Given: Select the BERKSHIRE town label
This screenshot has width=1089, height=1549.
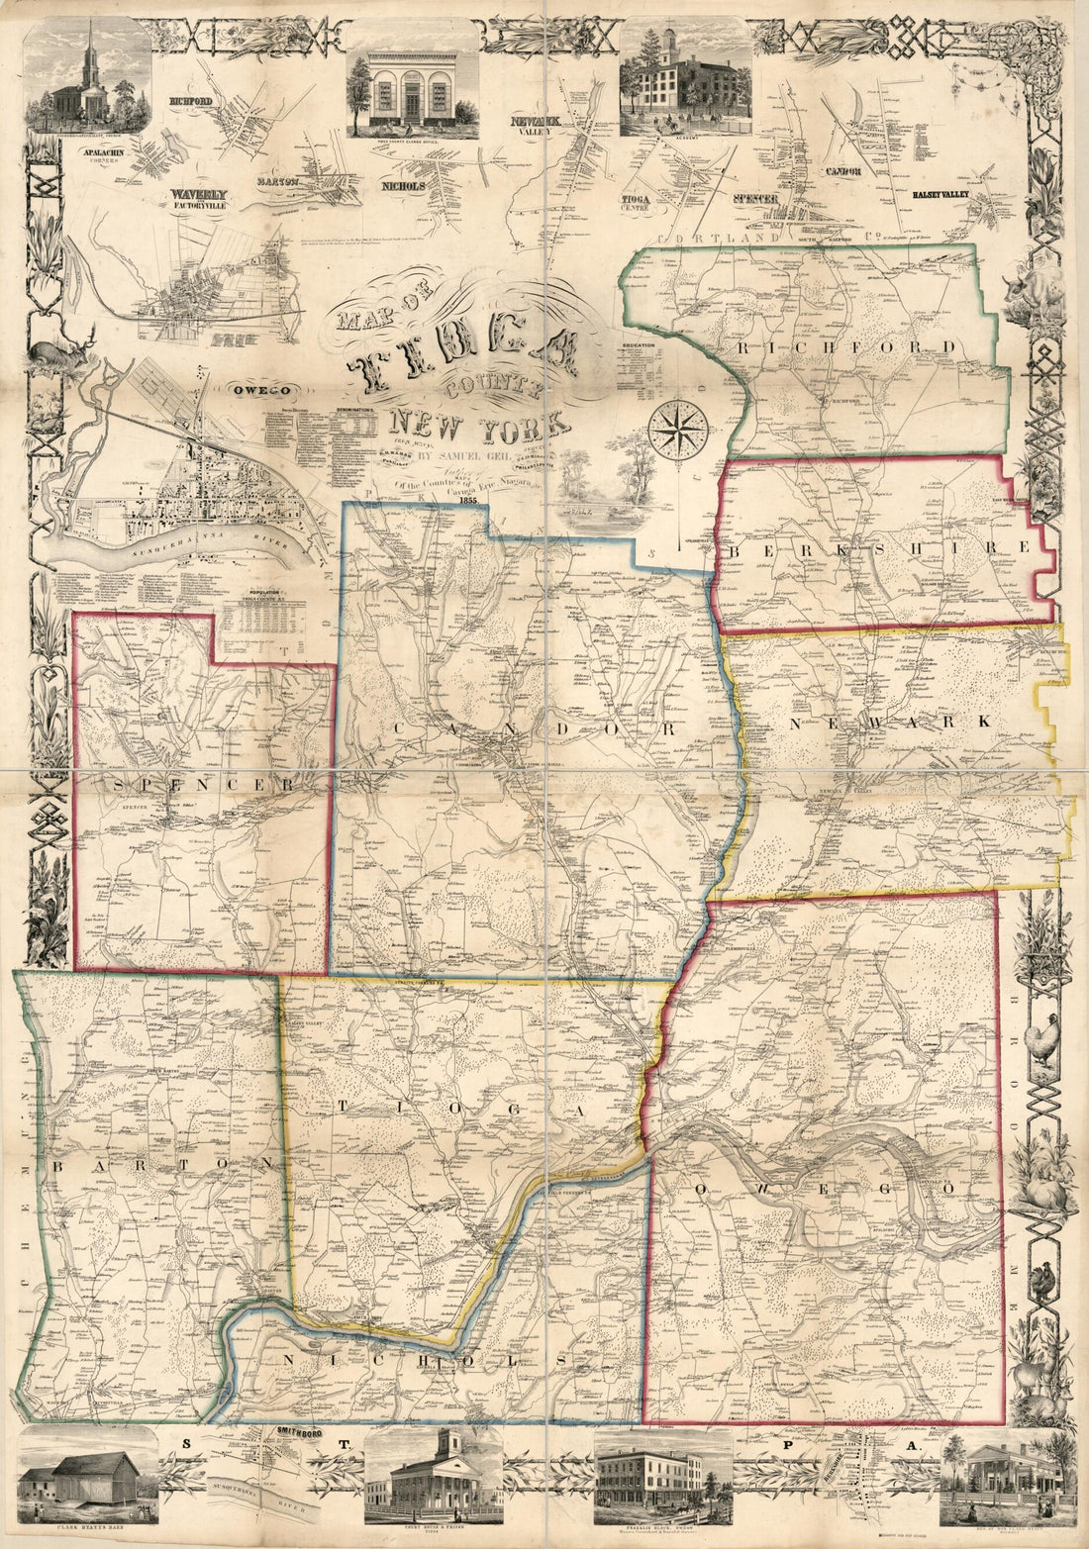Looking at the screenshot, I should pos(881,548).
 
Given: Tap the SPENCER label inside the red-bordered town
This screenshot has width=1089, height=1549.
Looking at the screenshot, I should pos(204,784).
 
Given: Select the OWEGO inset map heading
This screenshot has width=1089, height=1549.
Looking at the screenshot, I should pos(251,390).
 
